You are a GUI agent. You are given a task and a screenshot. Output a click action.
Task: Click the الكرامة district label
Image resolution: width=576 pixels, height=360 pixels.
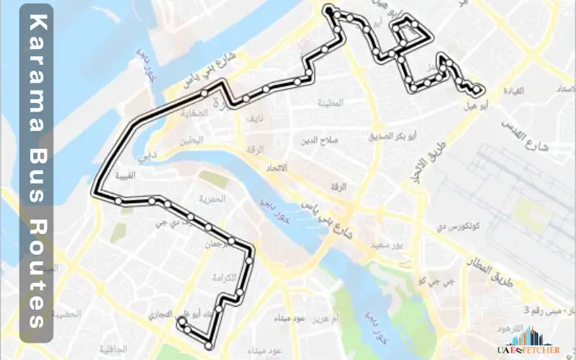(x=225, y=277)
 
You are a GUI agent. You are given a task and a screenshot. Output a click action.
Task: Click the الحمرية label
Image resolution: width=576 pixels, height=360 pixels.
(x=212, y=198)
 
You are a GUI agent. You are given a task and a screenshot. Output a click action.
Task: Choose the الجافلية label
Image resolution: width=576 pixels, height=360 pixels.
(x=111, y=348)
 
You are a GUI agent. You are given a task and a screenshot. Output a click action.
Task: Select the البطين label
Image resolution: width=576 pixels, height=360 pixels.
(x=192, y=142)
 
